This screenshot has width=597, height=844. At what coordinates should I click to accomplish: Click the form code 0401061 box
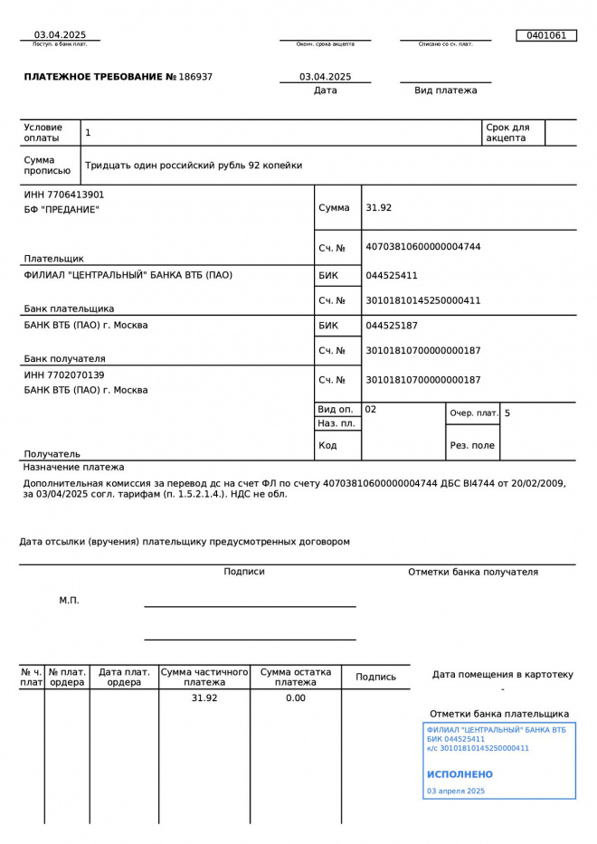(545, 35)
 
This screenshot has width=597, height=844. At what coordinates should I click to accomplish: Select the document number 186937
(196, 77)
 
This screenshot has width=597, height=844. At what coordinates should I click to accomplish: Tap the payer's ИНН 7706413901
(64, 194)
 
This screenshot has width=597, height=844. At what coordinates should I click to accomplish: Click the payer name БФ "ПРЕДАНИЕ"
(62, 210)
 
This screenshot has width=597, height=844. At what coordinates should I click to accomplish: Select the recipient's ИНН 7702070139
(64, 375)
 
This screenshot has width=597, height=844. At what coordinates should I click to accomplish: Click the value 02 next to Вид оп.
(371, 410)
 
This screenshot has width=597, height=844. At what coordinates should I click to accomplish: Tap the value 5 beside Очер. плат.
(507, 413)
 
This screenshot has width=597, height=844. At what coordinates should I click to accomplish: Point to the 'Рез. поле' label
(472, 445)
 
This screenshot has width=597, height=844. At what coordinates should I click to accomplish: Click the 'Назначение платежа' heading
(74, 468)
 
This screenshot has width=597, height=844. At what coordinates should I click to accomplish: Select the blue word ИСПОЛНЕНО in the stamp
(460, 774)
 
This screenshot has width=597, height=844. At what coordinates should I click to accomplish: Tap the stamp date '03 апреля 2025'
(456, 792)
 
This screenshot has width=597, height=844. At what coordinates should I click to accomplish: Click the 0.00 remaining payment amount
(296, 698)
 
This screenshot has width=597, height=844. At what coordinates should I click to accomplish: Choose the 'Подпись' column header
(375, 677)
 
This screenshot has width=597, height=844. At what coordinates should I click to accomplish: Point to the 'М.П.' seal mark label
(70, 600)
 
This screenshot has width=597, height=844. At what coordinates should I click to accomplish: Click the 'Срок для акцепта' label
(507, 133)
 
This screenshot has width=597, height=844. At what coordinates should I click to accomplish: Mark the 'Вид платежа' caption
(445, 90)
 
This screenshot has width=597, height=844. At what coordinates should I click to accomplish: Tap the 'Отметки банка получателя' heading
(472, 572)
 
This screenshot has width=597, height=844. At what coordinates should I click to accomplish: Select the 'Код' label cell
(327, 445)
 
